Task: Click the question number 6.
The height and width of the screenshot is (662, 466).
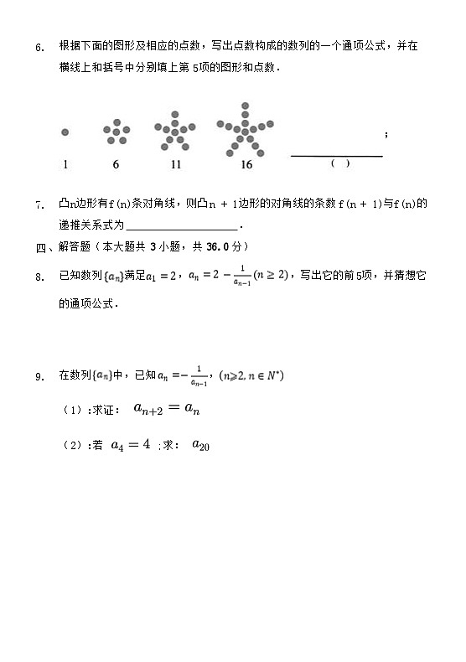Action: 39,48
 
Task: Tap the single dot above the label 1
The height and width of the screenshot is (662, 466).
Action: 65,132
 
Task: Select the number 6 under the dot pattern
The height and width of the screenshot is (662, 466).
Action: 116,165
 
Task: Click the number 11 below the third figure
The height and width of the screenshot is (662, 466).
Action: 175,165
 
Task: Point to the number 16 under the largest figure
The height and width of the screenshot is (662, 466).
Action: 246,165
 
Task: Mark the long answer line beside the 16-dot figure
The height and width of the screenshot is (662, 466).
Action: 336,156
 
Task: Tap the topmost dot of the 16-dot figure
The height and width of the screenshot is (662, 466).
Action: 246,106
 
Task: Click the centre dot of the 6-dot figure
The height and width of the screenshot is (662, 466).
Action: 116,132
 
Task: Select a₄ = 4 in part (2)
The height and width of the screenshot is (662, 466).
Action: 131,445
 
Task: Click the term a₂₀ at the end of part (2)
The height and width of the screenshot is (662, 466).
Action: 200,446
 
